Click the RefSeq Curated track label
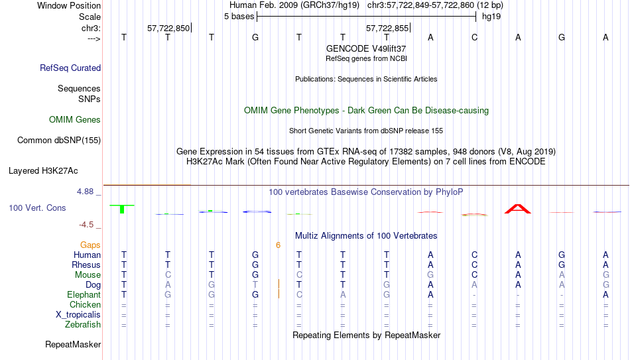(70, 68)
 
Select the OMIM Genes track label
(75, 120)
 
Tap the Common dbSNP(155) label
(59, 141)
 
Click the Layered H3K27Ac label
(43, 171)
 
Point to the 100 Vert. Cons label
(37, 208)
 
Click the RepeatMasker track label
(73, 344)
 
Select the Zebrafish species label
(83, 324)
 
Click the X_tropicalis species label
(78, 315)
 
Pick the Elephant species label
(84, 294)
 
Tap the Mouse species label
(88, 275)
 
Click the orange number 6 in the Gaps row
(278, 245)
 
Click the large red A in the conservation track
(518, 209)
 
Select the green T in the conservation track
(122, 209)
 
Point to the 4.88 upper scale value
(85, 192)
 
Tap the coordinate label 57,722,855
(387, 28)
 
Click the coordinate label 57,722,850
(168, 28)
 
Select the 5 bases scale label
(239, 17)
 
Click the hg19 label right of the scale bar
(491, 17)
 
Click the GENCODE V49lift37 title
(366, 48)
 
